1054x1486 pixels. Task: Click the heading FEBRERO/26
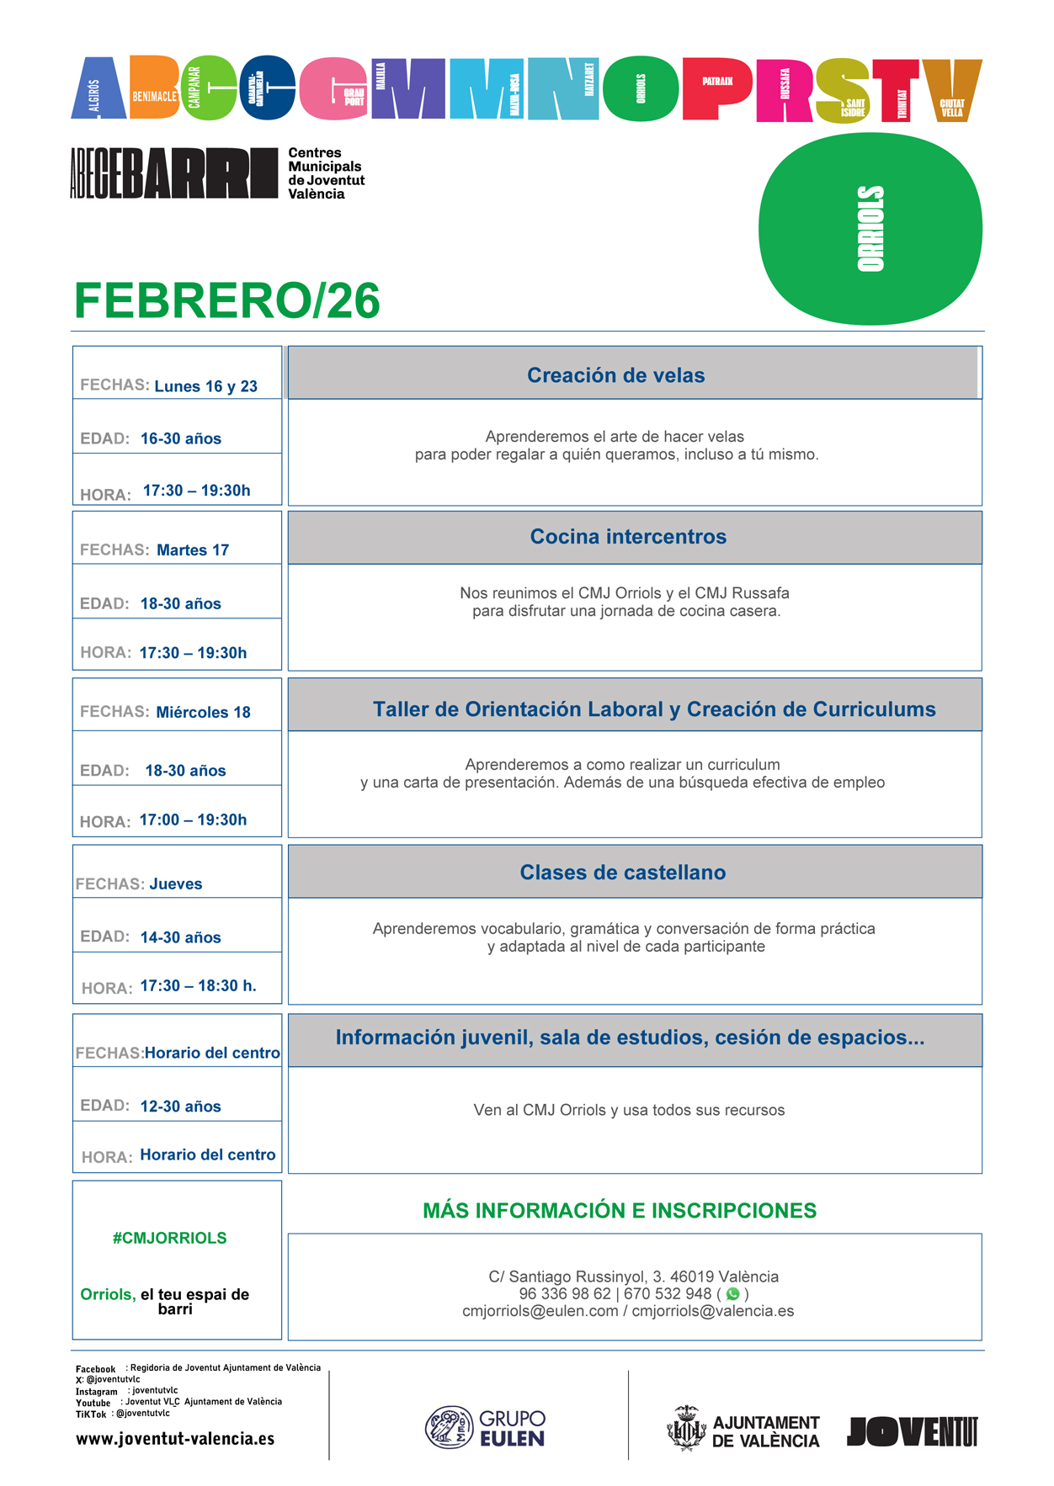coord(227,300)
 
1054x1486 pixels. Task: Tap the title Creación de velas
coord(615,375)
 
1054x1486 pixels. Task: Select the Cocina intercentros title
coord(628,537)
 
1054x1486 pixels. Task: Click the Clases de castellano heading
coord(622,873)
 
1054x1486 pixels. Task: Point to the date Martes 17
coord(193,550)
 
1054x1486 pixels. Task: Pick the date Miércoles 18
coord(204,713)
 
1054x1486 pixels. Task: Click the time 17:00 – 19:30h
coord(193,820)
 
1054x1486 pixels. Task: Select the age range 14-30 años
coord(180,937)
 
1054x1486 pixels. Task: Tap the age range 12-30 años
coord(180,1107)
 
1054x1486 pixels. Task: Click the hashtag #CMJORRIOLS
coord(169,1238)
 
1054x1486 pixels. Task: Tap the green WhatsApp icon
coord(732,1294)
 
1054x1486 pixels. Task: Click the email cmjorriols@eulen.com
coord(540,1311)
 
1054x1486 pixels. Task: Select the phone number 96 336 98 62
coord(565,1294)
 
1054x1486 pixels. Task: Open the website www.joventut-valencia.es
coord(175,1439)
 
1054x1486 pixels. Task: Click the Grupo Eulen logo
coord(485,1428)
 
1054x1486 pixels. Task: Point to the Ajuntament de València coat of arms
coord(686,1428)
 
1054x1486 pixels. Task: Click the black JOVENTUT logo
coord(913,1431)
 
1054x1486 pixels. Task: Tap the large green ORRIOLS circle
coord(870,229)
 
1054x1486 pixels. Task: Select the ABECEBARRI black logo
coord(173,173)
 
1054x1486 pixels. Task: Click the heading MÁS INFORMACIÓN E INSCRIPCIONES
coord(620,1211)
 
